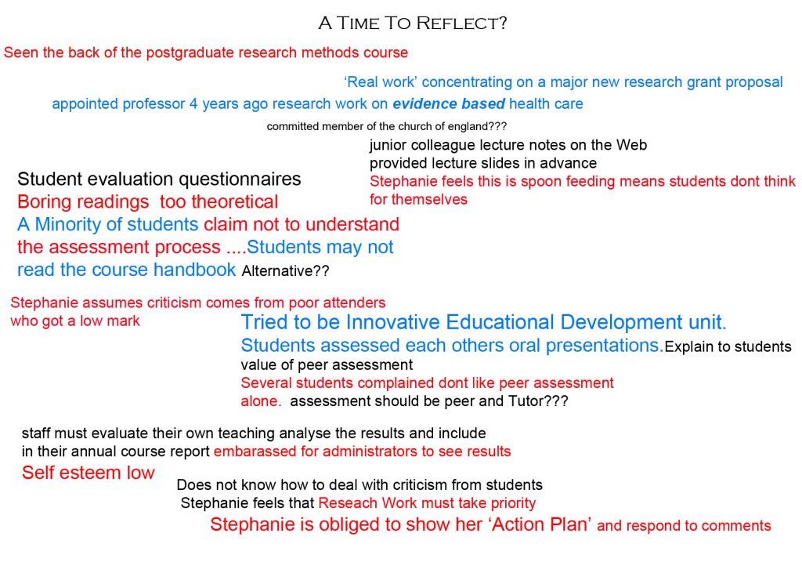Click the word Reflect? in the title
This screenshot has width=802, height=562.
pyautogui.click(x=461, y=23)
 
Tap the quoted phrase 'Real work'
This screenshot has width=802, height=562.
pyautogui.click(x=381, y=82)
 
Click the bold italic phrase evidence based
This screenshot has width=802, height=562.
pyautogui.click(x=449, y=103)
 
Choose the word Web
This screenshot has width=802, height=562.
pyautogui.click(x=631, y=145)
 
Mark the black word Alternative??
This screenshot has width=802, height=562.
pyautogui.click(x=285, y=270)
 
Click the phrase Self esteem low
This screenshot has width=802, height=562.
pyautogui.click(x=88, y=473)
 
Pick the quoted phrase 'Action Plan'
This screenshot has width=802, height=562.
pyautogui.click(x=541, y=524)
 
